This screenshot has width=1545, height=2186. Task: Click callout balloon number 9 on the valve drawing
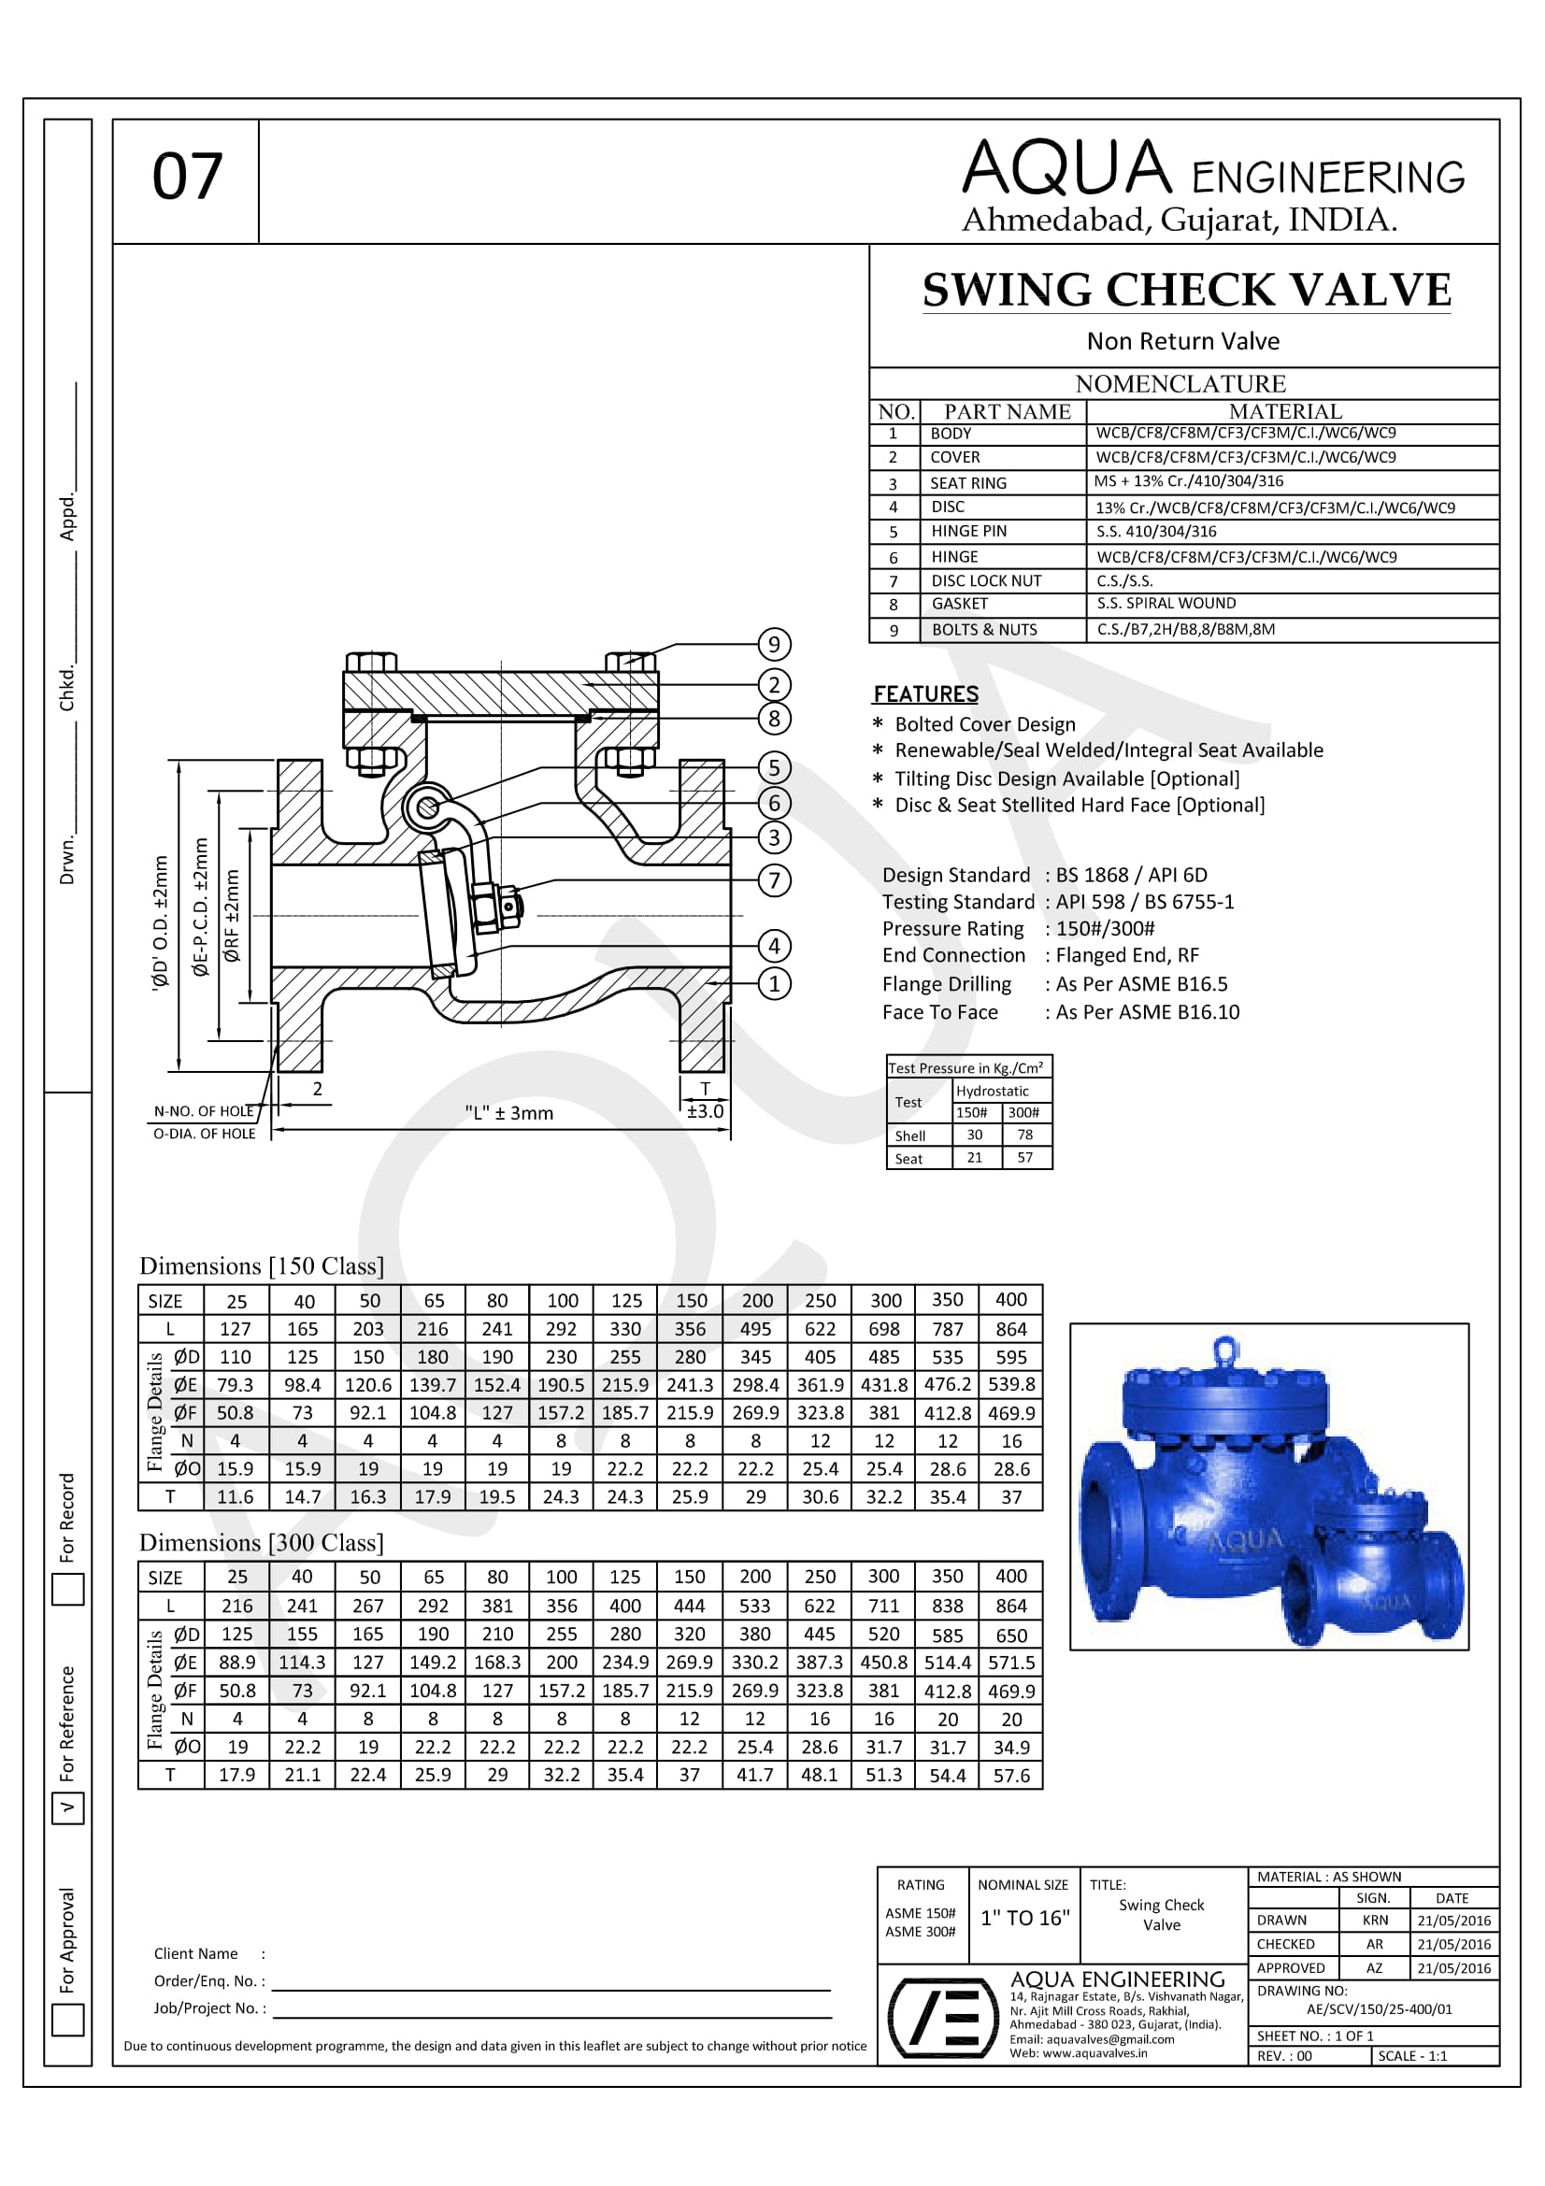click(774, 645)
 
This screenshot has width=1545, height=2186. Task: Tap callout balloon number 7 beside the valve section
click(774, 879)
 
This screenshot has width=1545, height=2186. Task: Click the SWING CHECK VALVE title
click(1186, 290)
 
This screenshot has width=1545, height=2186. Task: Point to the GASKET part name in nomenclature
click(960, 604)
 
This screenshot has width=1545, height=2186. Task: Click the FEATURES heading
click(925, 694)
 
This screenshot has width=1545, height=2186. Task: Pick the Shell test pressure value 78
click(1024, 1134)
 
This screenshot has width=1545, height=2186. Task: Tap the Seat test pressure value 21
click(974, 1158)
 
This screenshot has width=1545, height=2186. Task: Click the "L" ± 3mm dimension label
click(508, 1113)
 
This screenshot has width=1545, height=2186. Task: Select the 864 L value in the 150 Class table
click(1011, 1329)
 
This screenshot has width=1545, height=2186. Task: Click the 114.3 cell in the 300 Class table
click(302, 1663)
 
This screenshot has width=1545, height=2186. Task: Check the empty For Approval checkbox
click(67, 2021)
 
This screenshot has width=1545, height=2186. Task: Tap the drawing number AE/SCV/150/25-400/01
click(1380, 2009)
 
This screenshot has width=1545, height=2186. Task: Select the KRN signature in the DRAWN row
click(1375, 1921)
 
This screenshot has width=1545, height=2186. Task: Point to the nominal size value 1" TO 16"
click(1024, 1918)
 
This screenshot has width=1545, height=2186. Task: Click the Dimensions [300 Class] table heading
click(262, 1543)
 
